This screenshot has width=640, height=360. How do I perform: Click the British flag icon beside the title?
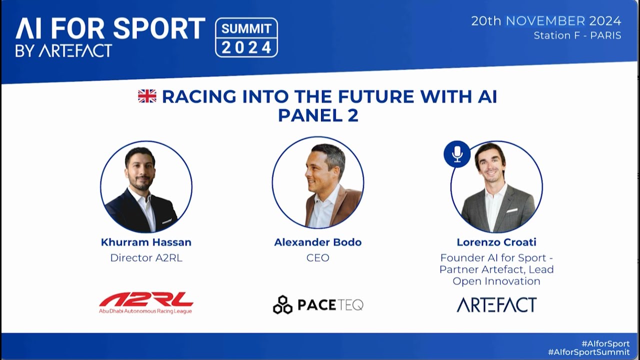click(x=147, y=96)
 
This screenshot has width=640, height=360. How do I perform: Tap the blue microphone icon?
click(x=457, y=154)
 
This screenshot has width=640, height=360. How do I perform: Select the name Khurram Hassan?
click(x=146, y=242)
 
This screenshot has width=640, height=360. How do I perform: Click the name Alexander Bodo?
click(x=317, y=242)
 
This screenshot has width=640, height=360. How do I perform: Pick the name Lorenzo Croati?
click(x=496, y=242)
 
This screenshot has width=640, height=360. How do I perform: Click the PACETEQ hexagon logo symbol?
click(x=282, y=304)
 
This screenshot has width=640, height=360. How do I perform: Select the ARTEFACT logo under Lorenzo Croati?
click(x=496, y=304)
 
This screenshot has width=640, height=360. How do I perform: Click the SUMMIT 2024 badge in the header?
click(x=246, y=37)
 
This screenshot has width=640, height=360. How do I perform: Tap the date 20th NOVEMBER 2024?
click(x=546, y=21)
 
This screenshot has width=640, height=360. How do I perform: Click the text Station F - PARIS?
click(x=577, y=36)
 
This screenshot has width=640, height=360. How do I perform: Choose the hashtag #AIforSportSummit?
click(x=588, y=352)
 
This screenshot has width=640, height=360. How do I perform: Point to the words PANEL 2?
click(x=318, y=115)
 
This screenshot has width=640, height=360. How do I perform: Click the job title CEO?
click(x=317, y=258)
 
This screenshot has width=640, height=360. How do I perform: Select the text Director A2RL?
click(x=146, y=258)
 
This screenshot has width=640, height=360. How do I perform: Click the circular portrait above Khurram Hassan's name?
click(x=146, y=186)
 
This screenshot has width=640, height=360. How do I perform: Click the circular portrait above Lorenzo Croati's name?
click(x=496, y=186)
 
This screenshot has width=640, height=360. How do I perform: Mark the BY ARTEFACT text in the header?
click(x=63, y=50)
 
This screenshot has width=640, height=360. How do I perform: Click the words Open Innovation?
click(x=496, y=281)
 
